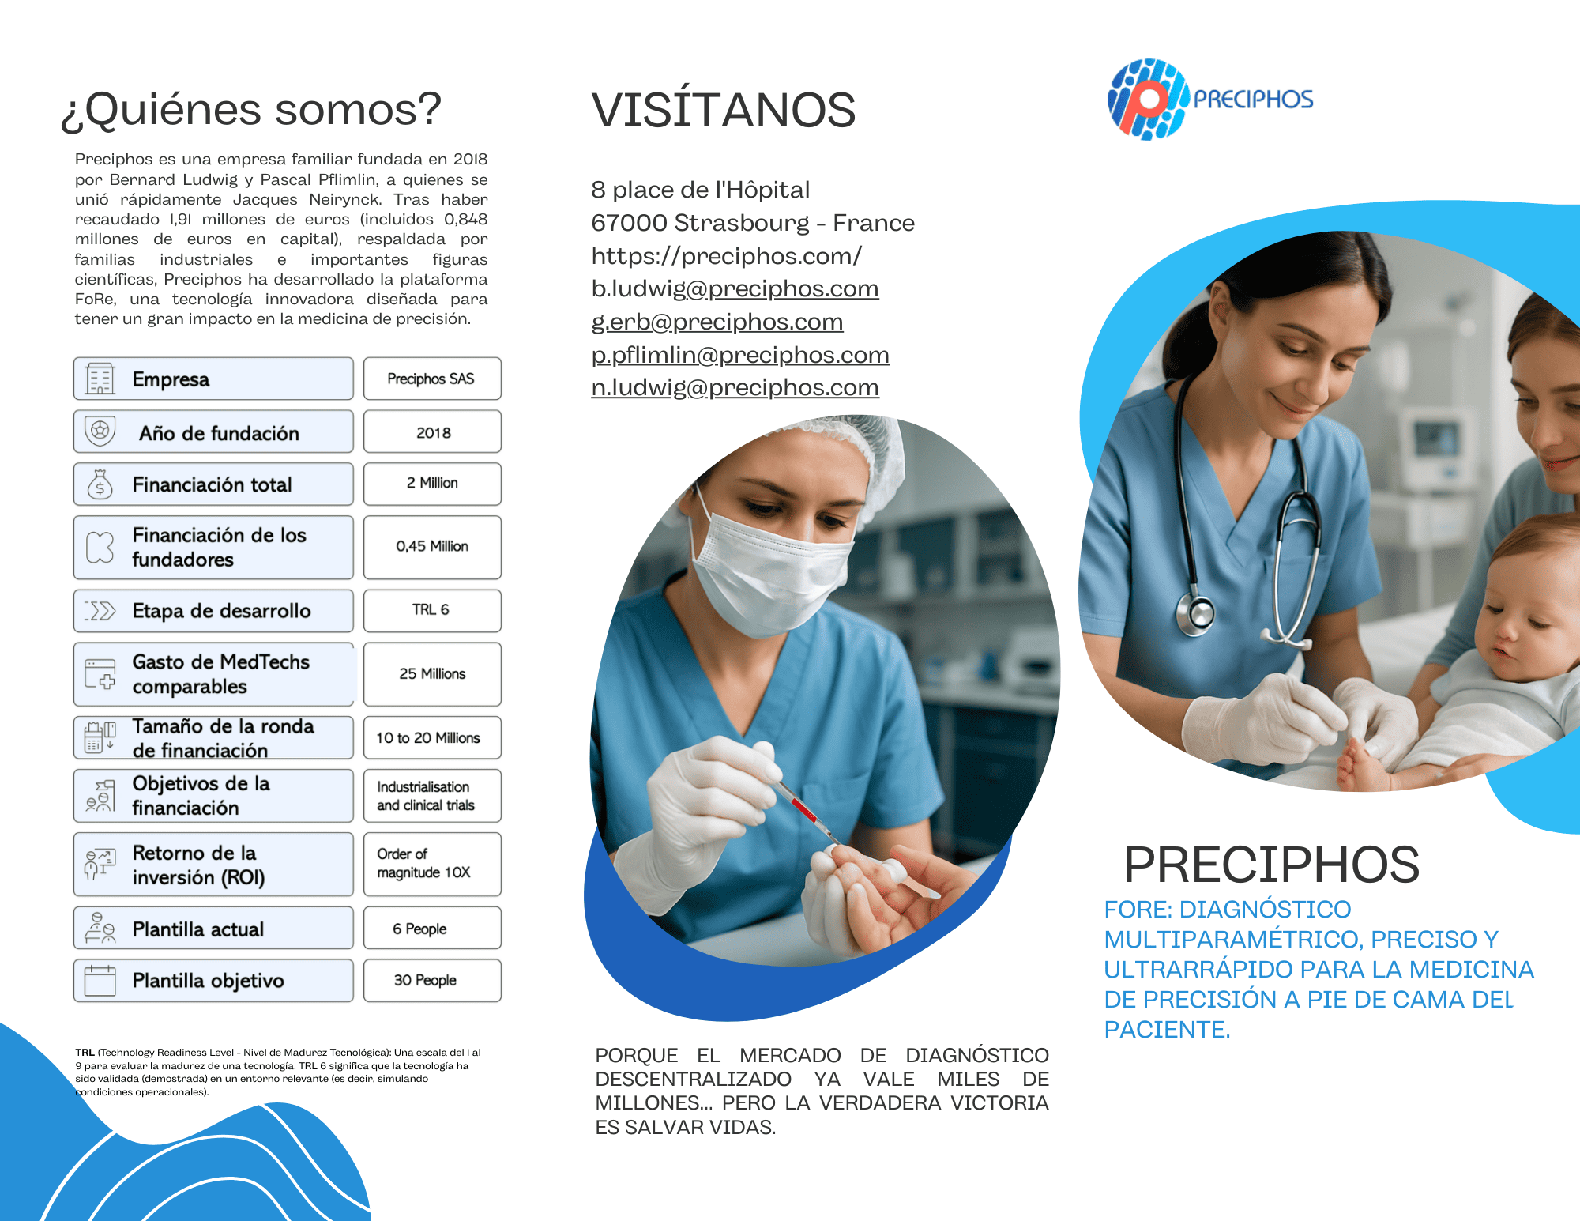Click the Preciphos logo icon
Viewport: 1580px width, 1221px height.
(1148, 100)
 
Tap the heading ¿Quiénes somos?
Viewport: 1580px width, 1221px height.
(251, 110)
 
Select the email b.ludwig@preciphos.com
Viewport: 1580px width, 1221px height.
(735, 288)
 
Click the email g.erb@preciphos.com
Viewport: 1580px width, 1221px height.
(717, 322)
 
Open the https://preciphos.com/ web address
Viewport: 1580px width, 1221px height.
(726, 255)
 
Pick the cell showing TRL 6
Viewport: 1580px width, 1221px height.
(432, 610)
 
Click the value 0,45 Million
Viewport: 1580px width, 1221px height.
(432, 547)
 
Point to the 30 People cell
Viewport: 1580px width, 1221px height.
(432, 980)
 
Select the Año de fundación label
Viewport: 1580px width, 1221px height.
(219, 433)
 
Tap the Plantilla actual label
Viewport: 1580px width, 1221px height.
(198, 929)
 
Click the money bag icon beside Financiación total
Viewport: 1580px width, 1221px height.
(100, 484)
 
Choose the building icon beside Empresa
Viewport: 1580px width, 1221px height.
(100, 379)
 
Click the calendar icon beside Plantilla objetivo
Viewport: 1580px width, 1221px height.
(100, 980)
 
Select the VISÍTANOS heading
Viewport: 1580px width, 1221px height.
(724, 110)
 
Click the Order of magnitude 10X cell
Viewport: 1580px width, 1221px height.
(432, 864)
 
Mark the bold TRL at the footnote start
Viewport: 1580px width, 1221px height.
(85, 1053)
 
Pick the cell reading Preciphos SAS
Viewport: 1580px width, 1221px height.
(432, 379)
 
